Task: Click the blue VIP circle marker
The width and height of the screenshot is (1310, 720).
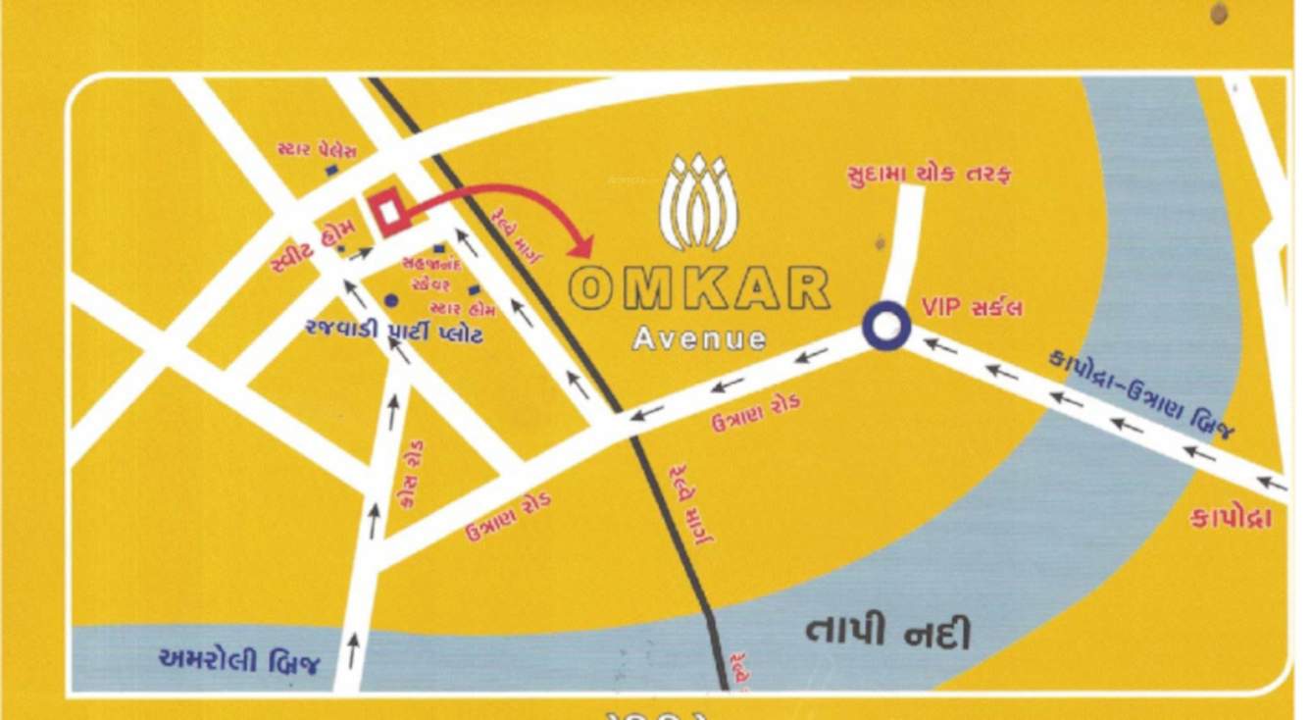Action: pyautogui.click(x=886, y=327)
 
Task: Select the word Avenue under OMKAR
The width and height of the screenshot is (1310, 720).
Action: pyautogui.click(x=699, y=339)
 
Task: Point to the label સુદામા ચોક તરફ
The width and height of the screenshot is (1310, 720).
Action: pyautogui.click(x=928, y=174)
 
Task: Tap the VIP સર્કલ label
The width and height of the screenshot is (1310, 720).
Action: pyautogui.click(x=973, y=307)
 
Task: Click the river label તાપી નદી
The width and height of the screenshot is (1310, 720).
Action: pyautogui.click(x=888, y=632)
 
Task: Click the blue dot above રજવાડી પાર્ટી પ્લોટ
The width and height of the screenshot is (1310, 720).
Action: pyautogui.click(x=392, y=300)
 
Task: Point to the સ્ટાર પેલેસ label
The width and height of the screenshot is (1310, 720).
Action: pyautogui.click(x=317, y=151)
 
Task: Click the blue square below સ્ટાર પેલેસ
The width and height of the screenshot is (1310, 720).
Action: pyautogui.click(x=332, y=170)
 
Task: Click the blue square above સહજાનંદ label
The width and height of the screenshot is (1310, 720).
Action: pyautogui.click(x=438, y=248)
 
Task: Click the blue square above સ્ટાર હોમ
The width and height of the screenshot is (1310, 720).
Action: pyautogui.click(x=475, y=290)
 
